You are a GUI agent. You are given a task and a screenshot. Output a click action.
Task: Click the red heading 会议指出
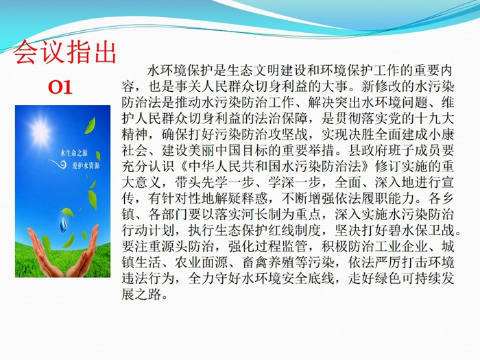(64, 52)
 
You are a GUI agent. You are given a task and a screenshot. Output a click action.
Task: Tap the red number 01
(60, 87)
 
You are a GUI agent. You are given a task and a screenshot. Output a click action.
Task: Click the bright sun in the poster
(40, 131)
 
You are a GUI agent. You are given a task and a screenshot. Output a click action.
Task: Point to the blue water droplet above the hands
(63, 224)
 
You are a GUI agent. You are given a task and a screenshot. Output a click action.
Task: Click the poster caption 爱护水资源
(86, 166)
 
